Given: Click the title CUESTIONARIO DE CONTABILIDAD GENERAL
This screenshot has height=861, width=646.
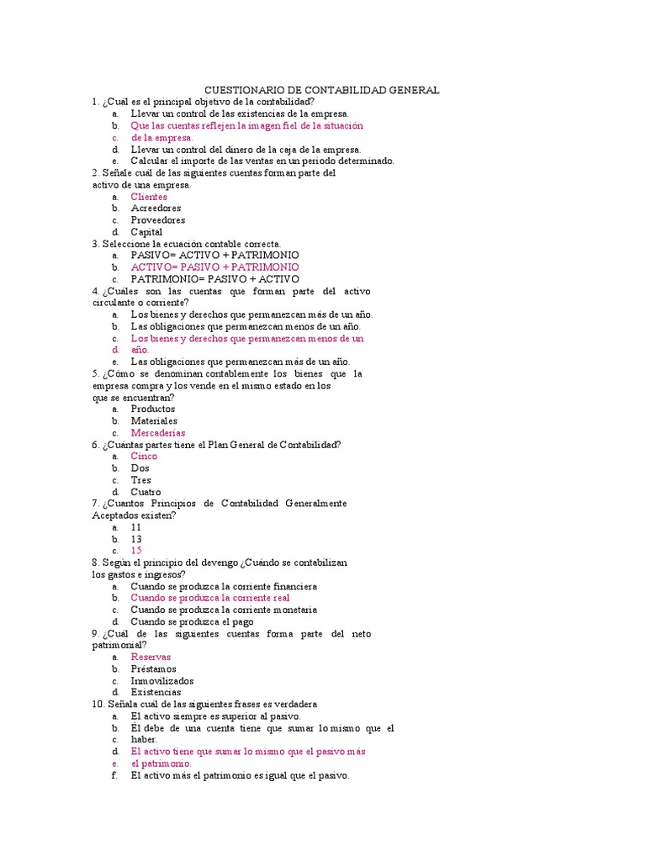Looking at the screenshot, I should click(322, 90).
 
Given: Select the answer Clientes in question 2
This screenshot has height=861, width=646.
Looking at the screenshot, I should click(149, 197).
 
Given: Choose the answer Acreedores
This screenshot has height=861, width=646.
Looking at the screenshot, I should click(156, 209).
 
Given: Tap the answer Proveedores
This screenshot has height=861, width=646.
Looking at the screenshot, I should click(157, 220).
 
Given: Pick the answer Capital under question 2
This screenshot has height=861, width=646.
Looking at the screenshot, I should click(146, 232).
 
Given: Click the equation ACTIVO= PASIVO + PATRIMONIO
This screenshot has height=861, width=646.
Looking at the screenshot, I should click(214, 267).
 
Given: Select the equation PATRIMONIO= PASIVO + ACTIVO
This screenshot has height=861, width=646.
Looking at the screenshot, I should click(214, 278).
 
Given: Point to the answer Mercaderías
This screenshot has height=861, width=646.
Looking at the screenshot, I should click(157, 432).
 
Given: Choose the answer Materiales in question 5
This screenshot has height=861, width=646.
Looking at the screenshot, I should click(154, 420).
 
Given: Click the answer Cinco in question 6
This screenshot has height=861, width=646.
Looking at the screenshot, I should click(144, 456).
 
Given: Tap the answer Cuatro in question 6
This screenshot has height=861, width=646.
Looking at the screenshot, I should click(146, 492).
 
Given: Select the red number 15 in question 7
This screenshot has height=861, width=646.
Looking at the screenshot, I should click(136, 551).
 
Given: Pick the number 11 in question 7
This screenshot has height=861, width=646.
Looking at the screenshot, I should click(136, 527).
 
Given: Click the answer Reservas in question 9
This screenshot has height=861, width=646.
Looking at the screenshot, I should click(151, 657).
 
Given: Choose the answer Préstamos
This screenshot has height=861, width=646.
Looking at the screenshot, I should click(153, 668).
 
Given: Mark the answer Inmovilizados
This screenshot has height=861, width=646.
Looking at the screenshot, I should click(161, 680).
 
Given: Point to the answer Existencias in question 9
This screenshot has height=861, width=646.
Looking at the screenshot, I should click(156, 692).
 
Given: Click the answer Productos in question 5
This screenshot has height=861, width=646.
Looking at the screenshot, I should click(153, 409).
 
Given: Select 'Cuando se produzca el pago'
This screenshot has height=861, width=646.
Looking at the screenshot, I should click(192, 621).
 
